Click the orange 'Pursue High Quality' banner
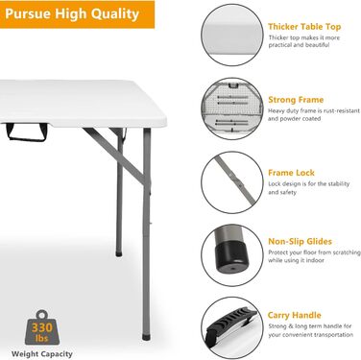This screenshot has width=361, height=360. [77, 14]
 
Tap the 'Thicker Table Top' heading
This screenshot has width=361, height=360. [304, 27]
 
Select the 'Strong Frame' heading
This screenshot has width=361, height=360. [296, 100]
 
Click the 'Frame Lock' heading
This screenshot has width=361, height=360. [291, 173]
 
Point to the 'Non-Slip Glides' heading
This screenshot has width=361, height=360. [300, 242]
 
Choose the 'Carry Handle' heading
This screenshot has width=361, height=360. [294, 315]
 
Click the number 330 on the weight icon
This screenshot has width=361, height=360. [42, 327]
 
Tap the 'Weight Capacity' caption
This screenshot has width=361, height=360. [42, 354]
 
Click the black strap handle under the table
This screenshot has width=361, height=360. [27, 132]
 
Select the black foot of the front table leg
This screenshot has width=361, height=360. [146, 337]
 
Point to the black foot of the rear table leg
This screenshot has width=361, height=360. [119, 253]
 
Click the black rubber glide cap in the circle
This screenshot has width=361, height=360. [233, 257]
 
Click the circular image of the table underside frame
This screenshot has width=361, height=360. [232, 108]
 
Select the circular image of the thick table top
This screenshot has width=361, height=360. [232, 36]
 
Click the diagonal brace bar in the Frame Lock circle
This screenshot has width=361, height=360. [235, 179]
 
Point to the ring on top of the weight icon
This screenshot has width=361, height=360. [41, 315]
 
